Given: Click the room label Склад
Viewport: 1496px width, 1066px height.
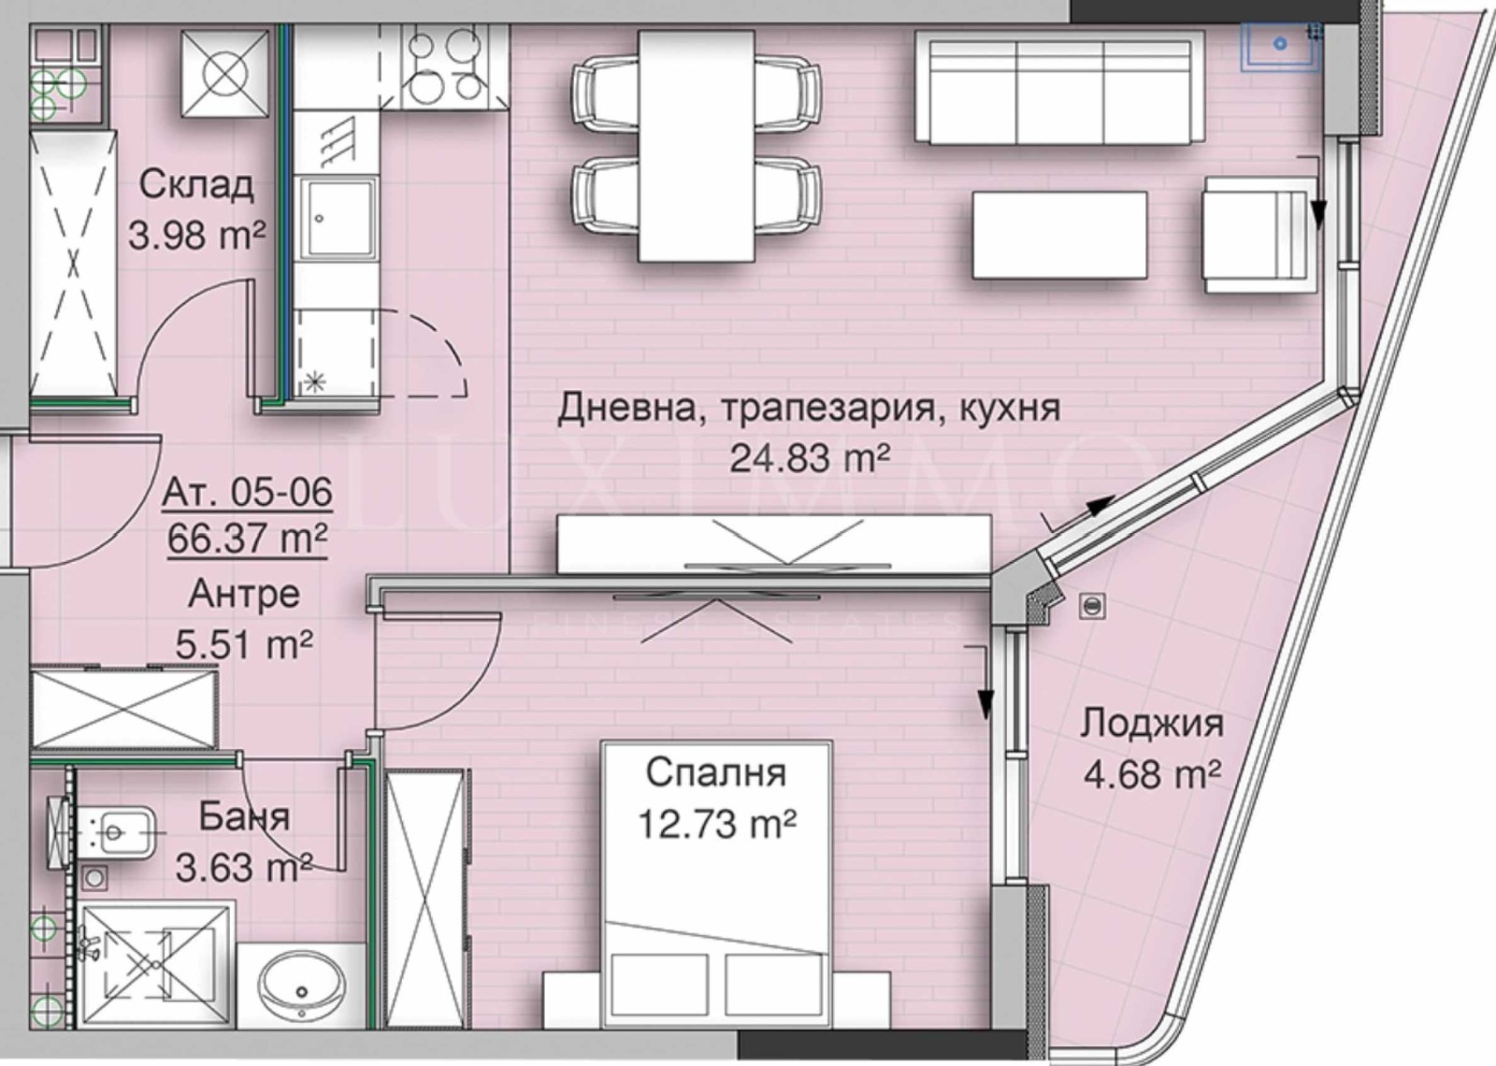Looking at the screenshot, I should coord(195,184).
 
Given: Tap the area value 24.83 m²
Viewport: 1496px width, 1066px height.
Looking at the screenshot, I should coord(809,458).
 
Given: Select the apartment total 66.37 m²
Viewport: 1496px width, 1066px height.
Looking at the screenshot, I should coord(247,539).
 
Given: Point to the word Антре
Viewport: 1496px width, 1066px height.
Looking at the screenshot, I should coord(243,593).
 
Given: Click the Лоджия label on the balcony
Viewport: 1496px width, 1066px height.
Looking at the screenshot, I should coord(1152,723).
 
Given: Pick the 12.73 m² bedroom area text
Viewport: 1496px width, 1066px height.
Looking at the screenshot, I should coord(716,825).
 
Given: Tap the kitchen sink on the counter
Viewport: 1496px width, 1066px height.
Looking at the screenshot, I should coord(338,219).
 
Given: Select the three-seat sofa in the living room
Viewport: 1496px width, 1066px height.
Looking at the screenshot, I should coord(1058,88).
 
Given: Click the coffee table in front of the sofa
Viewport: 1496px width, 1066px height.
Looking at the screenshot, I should coord(1059,235).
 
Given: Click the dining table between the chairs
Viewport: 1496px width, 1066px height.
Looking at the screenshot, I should coord(697,146).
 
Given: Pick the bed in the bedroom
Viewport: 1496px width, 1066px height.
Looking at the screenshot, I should coord(716,898).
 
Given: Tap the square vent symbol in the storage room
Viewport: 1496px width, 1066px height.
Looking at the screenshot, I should coord(225,74).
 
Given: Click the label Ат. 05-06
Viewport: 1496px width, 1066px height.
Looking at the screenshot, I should coord(247,491).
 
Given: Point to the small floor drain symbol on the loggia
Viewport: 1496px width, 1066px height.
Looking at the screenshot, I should coord(1091,606).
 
